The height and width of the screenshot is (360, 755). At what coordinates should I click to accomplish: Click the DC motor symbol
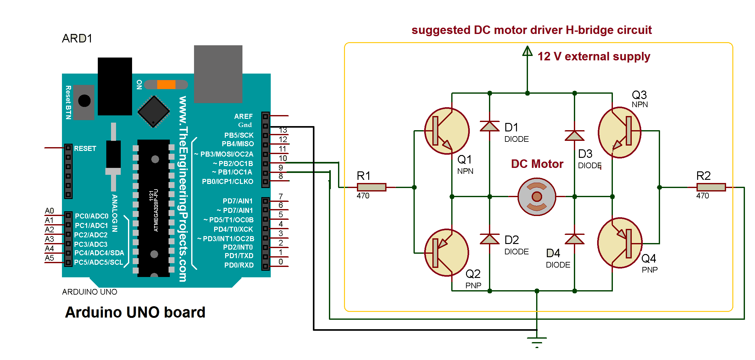tap(536, 197)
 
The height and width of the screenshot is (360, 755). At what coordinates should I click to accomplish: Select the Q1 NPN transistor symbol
tap(447, 131)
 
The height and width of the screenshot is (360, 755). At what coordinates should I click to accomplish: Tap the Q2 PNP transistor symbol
tap(447, 252)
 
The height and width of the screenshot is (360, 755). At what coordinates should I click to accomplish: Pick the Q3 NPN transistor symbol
tap(619, 132)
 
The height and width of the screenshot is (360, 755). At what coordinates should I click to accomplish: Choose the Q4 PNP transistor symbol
tap(619, 243)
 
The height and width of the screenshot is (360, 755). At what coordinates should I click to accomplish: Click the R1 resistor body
tap(371, 187)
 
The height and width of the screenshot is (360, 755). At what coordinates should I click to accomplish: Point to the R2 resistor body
tap(711, 187)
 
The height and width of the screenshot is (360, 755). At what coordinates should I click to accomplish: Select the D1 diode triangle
tap(490, 126)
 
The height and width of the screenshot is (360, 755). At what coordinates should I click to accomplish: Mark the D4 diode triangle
tap(575, 239)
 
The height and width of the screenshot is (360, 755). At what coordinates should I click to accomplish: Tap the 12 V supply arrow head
tap(527, 51)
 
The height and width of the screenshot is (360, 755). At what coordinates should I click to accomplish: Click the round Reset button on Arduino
tap(84, 101)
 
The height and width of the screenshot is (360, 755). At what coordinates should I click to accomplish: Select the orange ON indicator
tap(166, 85)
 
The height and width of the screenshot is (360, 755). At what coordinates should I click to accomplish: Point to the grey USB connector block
tap(218, 74)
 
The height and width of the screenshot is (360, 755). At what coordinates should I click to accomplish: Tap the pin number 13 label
tap(283, 130)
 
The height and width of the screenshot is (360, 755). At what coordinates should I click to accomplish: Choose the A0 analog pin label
tap(49, 211)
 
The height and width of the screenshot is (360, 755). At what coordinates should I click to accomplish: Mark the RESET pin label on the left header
tap(85, 148)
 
